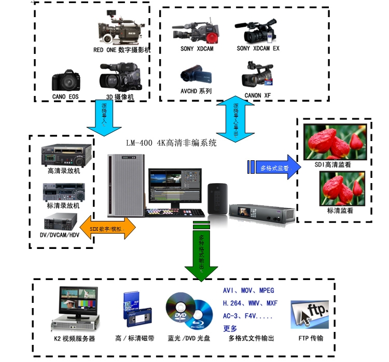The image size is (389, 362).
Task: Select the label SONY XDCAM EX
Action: [x=258, y=48]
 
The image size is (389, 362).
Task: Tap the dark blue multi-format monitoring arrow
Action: [x=274, y=167]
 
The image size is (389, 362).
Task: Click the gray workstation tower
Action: [x=126, y=185]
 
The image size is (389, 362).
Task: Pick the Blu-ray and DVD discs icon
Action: [x=189, y=310]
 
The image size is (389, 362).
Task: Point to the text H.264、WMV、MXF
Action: [x=249, y=303]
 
